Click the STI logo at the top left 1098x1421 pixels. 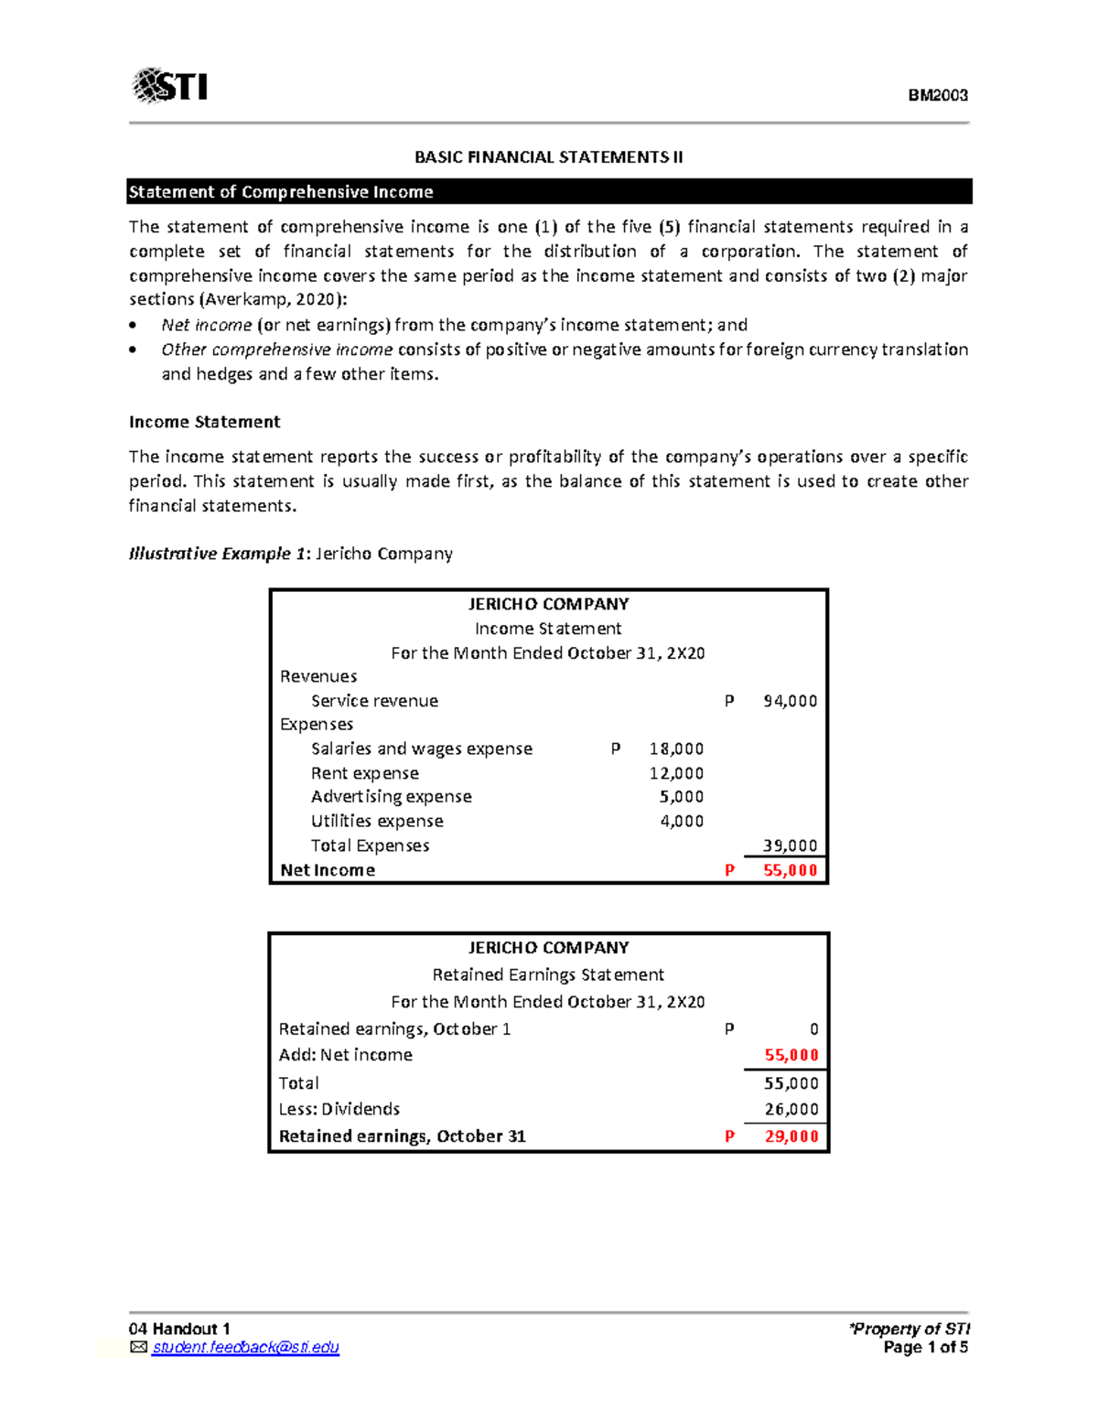pos(170,86)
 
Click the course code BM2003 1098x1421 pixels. pos(937,95)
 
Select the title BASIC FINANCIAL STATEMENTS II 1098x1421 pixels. pos(548,157)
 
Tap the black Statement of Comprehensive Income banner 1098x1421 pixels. pos(549,192)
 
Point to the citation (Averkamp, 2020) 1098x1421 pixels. pos(274,300)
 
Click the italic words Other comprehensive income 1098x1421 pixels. pos(276,350)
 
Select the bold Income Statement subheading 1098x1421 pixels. pos(204,422)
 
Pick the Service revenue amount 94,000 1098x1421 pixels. pos(790,701)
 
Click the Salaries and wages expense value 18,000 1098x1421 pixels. pos(676,748)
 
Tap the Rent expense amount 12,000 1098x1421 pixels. pos(676,773)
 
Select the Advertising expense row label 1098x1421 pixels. pos(391,797)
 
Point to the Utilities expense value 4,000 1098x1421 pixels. pos(682,822)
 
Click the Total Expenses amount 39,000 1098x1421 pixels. pos(790,845)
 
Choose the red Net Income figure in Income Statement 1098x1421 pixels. pos(790,870)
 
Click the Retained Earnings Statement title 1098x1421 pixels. pos(548,974)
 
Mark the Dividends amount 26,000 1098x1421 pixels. pos(791,1109)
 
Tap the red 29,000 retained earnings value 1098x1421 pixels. pos(791,1136)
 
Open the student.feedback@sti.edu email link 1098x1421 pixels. pos(245,1348)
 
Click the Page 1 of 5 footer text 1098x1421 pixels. pos(925,1348)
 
